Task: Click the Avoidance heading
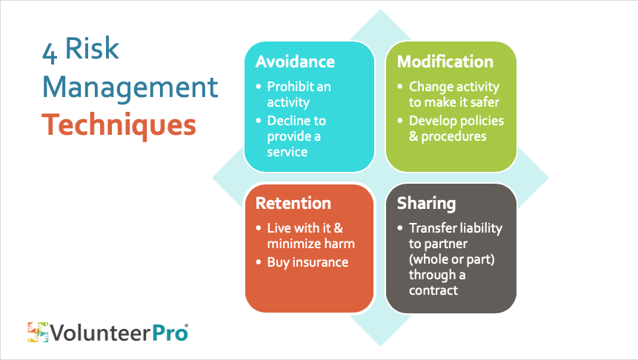pyautogui.click(x=295, y=61)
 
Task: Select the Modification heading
pyautogui.click(x=445, y=61)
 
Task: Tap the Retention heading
pyautogui.click(x=293, y=204)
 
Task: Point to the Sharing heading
pyautogui.click(x=426, y=204)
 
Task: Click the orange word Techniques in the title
pyautogui.click(x=119, y=125)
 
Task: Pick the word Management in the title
pyautogui.click(x=130, y=88)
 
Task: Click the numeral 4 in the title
pyautogui.click(x=49, y=53)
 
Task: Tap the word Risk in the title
pyautogui.click(x=92, y=48)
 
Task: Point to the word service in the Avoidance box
pyautogui.click(x=288, y=152)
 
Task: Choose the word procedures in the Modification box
pyautogui.click(x=453, y=137)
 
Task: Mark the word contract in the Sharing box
pyautogui.click(x=433, y=290)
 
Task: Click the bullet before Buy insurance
pyautogui.click(x=259, y=262)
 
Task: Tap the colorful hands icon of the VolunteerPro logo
pyautogui.click(x=39, y=333)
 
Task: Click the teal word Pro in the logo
pyautogui.click(x=170, y=333)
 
